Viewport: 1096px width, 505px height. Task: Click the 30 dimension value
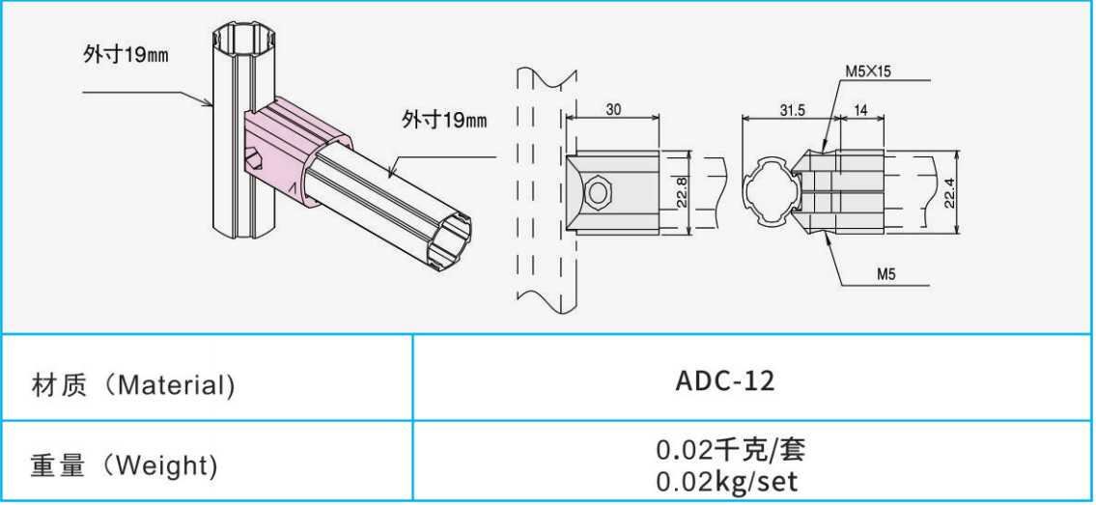(614, 109)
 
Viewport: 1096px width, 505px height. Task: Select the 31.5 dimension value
(793, 109)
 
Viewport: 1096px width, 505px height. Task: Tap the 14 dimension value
(861, 109)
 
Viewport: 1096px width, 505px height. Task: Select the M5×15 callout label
(868, 71)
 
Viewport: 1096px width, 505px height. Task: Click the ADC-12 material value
(725, 381)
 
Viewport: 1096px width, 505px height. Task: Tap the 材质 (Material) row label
(133, 385)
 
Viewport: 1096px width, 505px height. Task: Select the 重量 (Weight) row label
(124, 465)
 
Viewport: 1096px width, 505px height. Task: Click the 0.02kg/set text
(727, 482)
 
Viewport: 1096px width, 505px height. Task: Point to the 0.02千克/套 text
(731, 449)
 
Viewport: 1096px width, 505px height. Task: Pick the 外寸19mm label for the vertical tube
(126, 56)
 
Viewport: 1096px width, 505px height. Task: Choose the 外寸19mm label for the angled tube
(444, 120)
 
